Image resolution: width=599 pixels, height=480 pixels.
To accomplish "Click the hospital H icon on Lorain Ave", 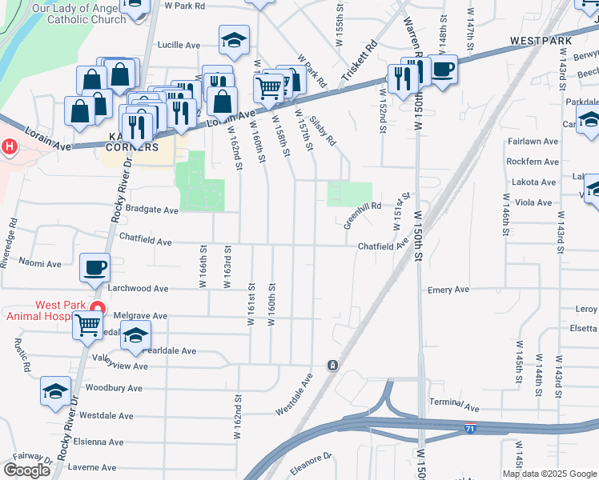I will tap(9, 147).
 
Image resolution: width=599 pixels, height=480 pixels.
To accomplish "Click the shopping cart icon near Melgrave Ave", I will tap(87, 325).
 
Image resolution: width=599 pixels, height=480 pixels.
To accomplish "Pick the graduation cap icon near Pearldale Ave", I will tap(135, 335).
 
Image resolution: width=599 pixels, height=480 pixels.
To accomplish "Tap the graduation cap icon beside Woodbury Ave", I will tap(55, 390).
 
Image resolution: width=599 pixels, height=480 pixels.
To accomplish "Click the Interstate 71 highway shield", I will tap(471, 428).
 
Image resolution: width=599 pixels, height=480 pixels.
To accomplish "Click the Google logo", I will tap(26, 470).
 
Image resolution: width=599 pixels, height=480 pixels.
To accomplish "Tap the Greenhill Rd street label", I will tap(363, 215).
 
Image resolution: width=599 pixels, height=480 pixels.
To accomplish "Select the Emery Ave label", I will tap(448, 290).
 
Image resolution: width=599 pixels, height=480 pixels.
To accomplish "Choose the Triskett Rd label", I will tap(357, 60).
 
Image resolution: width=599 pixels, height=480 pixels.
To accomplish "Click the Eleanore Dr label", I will tap(310, 462).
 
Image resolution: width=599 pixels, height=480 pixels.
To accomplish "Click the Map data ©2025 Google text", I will tap(549, 474).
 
